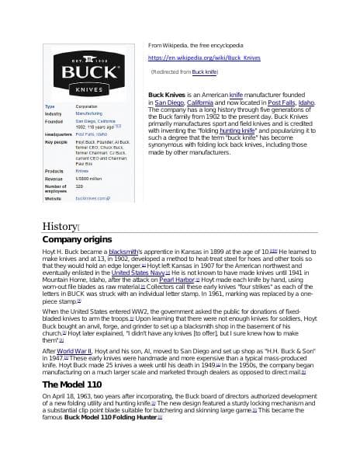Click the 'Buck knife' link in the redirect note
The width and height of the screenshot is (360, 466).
205,71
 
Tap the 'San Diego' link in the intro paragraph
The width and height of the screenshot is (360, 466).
169,102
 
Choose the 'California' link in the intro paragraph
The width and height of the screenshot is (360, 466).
205,102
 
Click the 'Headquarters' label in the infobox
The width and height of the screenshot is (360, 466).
58,134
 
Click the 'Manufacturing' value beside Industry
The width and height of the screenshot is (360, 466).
88,113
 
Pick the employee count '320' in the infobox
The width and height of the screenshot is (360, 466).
79,186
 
